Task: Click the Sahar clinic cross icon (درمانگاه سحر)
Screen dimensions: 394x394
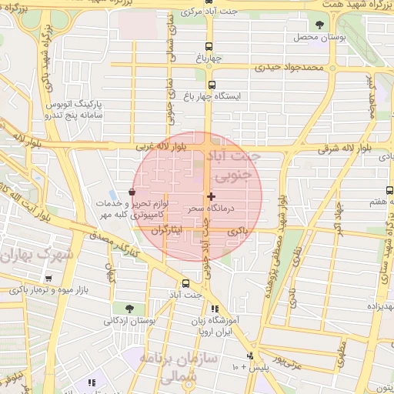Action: (x=211, y=197)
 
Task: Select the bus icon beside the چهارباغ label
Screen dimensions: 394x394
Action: (x=210, y=45)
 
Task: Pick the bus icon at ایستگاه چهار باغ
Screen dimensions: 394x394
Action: (x=212, y=85)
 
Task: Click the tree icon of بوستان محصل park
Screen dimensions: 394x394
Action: (x=319, y=25)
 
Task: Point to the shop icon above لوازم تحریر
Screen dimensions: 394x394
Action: (x=132, y=192)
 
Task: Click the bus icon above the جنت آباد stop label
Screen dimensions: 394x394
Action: (x=185, y=282)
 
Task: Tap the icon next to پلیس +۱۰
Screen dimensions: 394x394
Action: (x=250, y=356)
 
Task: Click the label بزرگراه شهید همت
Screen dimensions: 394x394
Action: (x=349, y=5)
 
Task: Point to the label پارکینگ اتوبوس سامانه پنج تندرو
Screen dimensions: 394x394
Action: (x=69, y=109)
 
